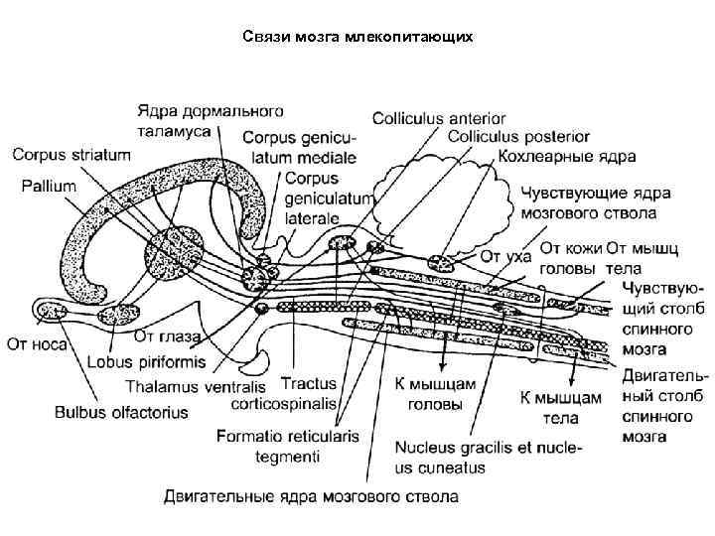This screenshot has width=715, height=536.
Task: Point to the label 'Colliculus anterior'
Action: click(439, 118)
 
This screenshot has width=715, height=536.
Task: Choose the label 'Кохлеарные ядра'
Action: click(567, 156)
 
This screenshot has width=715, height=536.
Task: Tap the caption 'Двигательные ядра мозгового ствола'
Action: click(312, 494)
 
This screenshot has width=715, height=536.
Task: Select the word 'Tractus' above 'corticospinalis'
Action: click(309, 382)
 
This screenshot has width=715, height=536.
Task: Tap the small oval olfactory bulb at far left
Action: click(49, 311)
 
